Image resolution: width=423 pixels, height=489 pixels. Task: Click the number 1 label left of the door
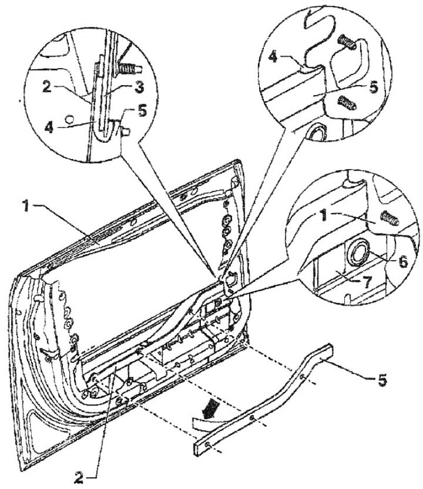tap(27, 207)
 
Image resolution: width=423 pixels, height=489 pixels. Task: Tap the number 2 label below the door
tap(79, 477)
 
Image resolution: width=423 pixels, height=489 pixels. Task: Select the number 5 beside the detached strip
tap(382, 381)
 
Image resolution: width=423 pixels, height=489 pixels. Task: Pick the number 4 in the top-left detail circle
tap(49, 127)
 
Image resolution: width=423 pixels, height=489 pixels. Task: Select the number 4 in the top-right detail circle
tap(273, 58)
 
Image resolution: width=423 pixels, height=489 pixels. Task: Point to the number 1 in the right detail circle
tap(325, 216)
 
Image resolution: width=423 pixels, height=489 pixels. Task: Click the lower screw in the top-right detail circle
tap(346, 103)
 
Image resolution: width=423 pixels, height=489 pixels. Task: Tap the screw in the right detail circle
tap(390, 218)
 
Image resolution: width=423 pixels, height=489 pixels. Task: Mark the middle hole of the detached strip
tap(252, 418)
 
